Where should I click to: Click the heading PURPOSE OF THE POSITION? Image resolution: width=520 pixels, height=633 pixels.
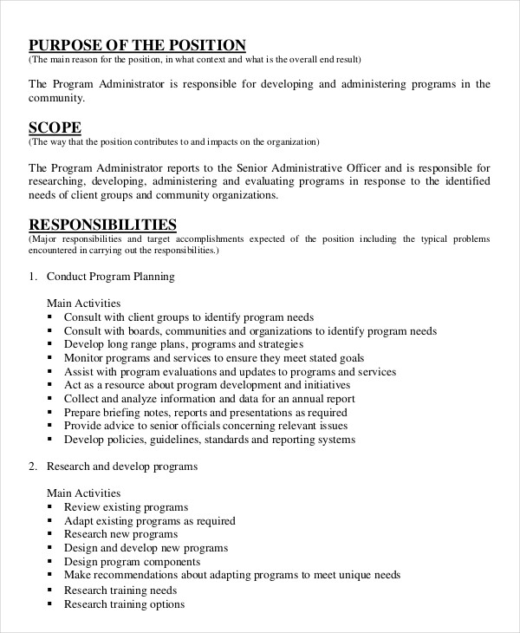coord(137,45)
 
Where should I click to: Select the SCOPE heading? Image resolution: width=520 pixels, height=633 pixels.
coord(55,127)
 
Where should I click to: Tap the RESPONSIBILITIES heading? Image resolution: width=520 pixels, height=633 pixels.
coord(103,225)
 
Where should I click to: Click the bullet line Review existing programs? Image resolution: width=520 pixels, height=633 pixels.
coord(126,507)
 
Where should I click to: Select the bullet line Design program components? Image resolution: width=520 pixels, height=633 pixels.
coord(133,562)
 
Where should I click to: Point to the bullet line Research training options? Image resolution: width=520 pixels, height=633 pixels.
coord(124,604)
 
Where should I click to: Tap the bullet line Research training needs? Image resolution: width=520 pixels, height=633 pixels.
coord(120,591)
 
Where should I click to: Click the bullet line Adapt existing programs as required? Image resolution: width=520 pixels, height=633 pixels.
coord(149,521)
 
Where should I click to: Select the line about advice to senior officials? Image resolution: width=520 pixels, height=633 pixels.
coord(205,426)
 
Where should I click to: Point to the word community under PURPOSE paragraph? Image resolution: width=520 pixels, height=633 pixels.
coord(57,98)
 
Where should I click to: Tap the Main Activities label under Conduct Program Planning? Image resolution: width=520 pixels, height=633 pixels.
coord(83,303)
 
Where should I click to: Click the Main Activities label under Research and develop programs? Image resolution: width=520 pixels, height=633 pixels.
coord(83,493)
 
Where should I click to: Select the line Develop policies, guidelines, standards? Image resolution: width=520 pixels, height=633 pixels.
coord(209,440)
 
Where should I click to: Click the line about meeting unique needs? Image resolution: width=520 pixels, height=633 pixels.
coord(232,575)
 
